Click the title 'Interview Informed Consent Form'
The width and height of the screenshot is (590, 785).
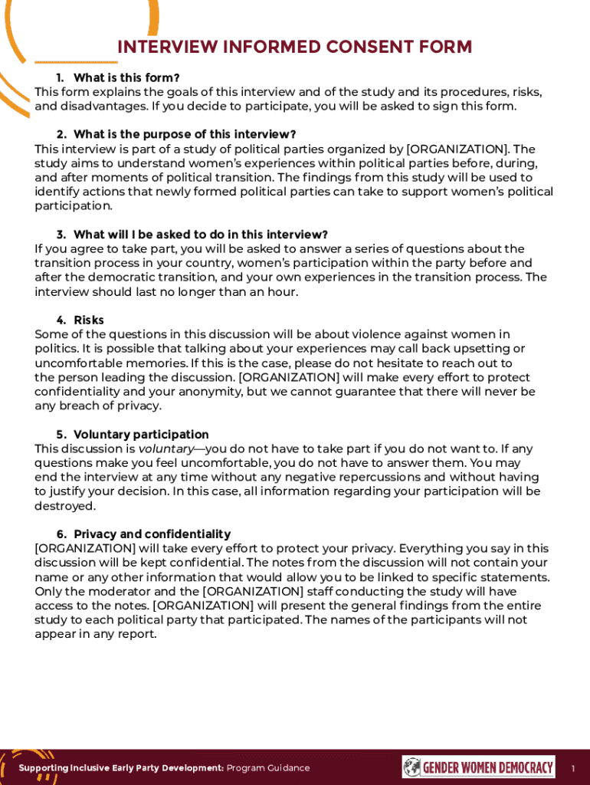(294, 48)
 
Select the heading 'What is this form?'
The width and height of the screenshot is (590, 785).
(126, 77)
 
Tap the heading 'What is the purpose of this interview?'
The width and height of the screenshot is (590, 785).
(185, 134)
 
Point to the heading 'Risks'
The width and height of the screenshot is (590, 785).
(89, 320)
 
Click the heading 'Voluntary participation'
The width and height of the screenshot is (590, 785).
(141, 435)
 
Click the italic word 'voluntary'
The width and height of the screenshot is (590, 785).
(166, 449)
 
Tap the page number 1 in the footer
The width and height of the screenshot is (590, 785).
(572, 768)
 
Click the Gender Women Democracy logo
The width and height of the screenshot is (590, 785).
(478, 767)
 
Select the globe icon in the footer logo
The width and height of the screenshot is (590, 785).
(412, 767)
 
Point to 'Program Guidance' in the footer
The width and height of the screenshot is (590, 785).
(269, 768)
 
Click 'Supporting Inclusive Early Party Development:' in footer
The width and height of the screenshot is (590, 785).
(121, 768)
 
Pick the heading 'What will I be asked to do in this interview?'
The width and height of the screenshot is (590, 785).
(201, 234)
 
